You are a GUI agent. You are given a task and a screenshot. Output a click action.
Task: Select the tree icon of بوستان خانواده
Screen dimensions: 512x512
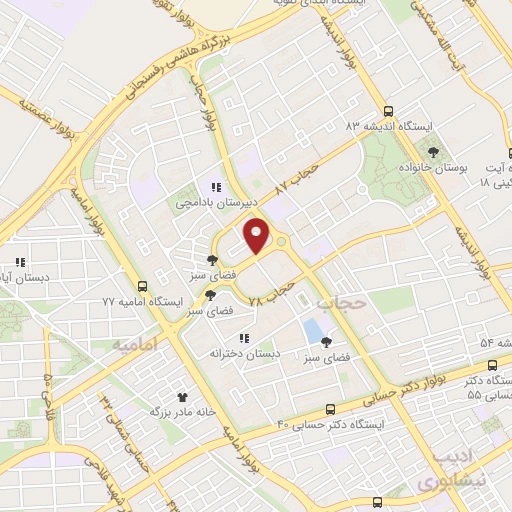pos(432,152)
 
